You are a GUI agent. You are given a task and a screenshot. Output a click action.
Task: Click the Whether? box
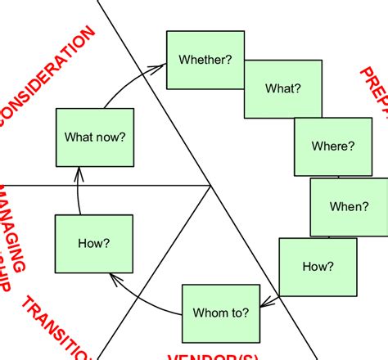tap(205, 60)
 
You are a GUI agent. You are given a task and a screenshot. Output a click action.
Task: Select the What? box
tap(283, 88)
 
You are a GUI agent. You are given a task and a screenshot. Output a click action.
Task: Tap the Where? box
tap(333, 146)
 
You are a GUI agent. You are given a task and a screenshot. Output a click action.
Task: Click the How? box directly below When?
tap(318, 267)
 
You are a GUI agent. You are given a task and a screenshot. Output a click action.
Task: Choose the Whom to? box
tap(220, 312)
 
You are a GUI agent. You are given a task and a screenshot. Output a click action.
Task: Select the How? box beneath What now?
tap(93, 244)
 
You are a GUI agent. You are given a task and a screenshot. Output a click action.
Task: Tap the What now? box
tap(94, 137)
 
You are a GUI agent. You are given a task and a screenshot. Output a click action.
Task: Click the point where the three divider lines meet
tap(212, 186)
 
